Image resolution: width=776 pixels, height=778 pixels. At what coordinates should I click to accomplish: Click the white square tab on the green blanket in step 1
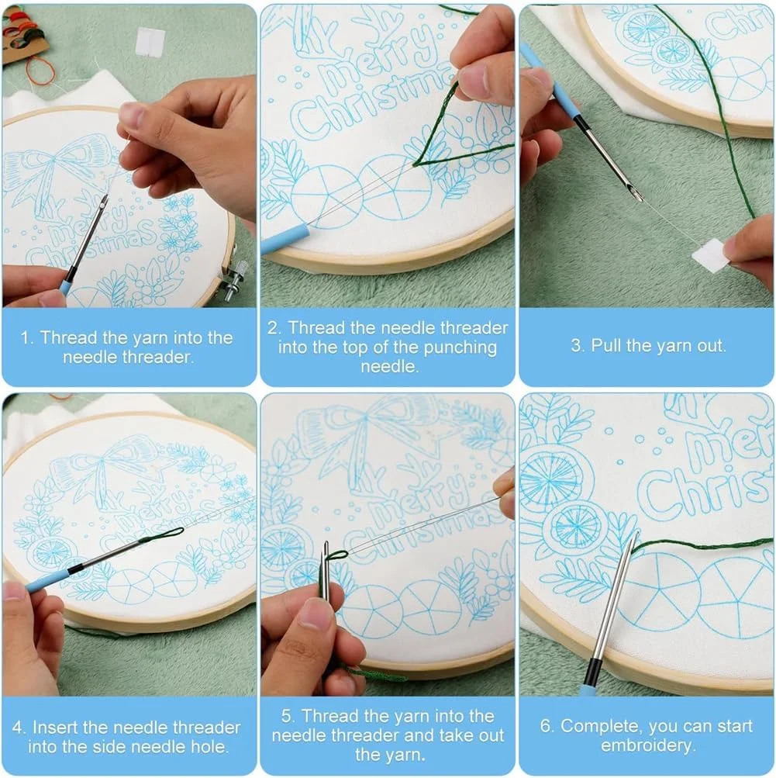[x=150, y=40]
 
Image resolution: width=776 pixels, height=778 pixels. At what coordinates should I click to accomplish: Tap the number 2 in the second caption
[x=273, y=328]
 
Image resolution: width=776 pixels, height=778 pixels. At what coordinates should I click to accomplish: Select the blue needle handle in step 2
[x=285, y=238]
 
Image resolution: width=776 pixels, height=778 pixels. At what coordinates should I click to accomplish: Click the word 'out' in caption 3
[x=712, y=346]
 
